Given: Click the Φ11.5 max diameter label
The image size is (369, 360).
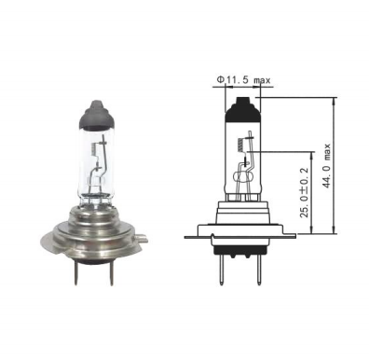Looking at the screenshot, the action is pos(243,80).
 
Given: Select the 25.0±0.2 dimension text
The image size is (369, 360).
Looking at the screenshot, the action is pos(305,192).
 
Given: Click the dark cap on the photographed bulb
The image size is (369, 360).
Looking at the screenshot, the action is pos(97,115).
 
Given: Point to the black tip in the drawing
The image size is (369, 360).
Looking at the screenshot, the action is pos(242,109).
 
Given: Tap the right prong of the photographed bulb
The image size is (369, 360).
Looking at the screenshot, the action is pos(111,272).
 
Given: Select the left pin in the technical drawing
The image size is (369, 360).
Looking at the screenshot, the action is pos(221,271).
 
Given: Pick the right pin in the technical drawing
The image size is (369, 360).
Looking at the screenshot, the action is pos(258,271).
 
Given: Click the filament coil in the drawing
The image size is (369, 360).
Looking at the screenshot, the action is pos(239,145).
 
